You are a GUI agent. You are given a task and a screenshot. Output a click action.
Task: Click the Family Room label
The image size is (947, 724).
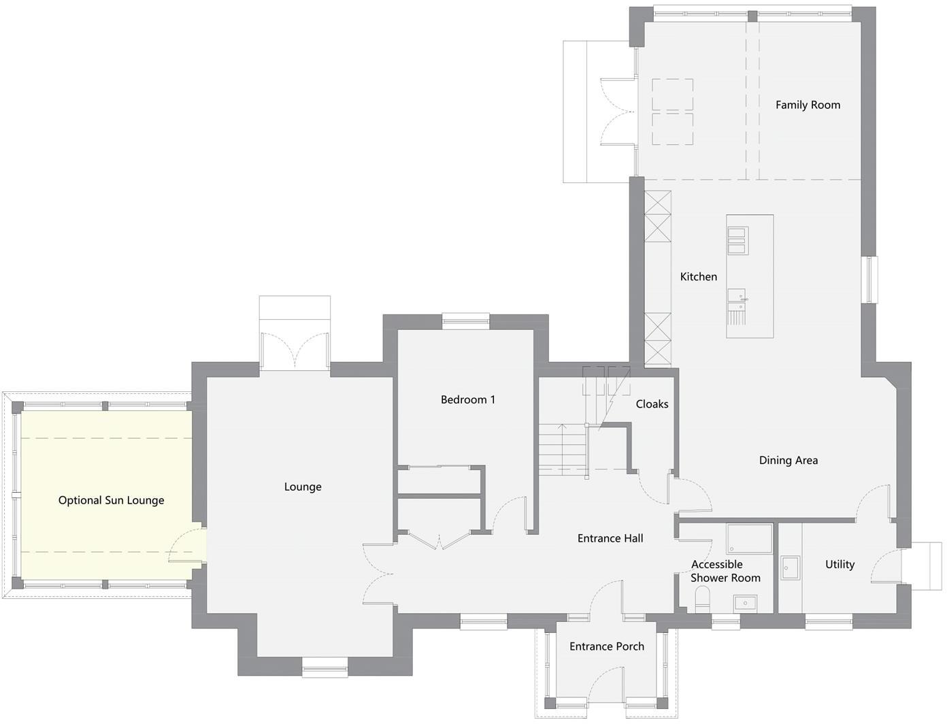click(x=808, y=105)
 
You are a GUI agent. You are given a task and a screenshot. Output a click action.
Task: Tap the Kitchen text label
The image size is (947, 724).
click(x=699, y=277)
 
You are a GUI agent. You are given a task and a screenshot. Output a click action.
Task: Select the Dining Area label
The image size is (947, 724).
click(x=788, y=461)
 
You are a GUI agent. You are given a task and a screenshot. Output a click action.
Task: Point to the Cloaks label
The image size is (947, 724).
click(x=652, y=404)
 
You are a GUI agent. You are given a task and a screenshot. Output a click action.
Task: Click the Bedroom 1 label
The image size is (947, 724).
click(x=468, y=400)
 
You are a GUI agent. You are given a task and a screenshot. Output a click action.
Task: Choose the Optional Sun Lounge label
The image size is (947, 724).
click(x=112, y=501)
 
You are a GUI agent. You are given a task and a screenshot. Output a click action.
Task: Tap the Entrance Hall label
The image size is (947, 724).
click(x=610, y=538)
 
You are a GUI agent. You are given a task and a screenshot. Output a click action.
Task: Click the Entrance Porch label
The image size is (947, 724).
click(x=607, y=646)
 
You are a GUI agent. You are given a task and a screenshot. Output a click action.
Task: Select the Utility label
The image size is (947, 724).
click(x=840, y=565)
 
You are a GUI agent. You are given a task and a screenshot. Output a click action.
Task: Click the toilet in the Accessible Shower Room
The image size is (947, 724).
click(x=702, y=599)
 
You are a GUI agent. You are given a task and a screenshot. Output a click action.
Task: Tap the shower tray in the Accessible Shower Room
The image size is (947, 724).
click(x=749, y=538)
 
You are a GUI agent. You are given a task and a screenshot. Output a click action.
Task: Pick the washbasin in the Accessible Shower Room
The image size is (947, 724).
click(x=745, y=603)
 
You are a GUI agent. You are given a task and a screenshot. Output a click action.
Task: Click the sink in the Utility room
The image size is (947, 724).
click(x=790, y=567)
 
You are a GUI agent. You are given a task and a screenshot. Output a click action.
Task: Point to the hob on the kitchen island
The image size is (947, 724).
click(x=738, y=241)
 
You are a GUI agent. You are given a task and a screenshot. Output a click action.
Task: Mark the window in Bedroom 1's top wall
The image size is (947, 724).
click(x=466, y=320)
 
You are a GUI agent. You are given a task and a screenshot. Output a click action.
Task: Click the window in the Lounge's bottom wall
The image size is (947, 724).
click(x=325, y=667)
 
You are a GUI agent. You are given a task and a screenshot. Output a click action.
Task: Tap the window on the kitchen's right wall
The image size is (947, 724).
click(x=870, y=280)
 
